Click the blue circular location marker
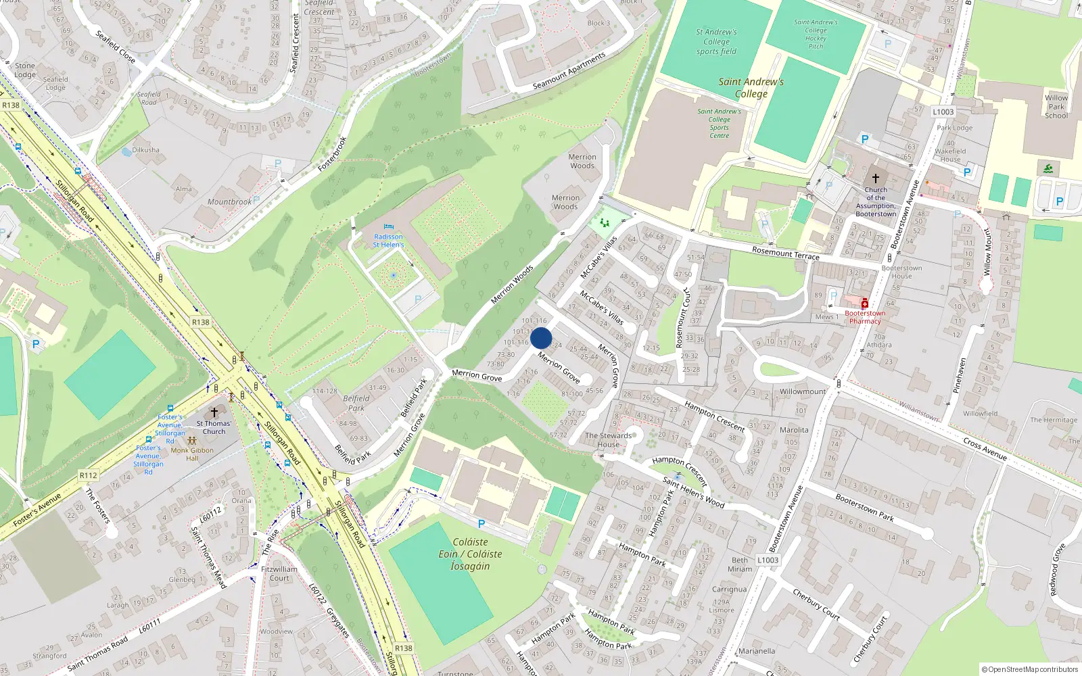coord(541,338)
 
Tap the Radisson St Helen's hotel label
coord(388,241)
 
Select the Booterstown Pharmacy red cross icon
coord(864,304)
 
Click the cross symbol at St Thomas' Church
coord(214,412)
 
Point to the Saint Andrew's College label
coord(751,88)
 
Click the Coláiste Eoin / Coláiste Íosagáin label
coord(470,554)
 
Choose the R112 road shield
coord(88,475)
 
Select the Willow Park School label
coord(1056,107)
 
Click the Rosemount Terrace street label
coord(785,254)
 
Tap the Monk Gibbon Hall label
coord(192,454)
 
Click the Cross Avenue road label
coord(985,449)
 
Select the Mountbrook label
coord(229,201)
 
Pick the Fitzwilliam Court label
coord(279,573)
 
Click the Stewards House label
coord(608,440)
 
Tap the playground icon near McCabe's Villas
coord(604,222)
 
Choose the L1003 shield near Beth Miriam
coord(768,560)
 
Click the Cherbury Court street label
coord(816,604)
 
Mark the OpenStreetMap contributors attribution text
coord(1030,670)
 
